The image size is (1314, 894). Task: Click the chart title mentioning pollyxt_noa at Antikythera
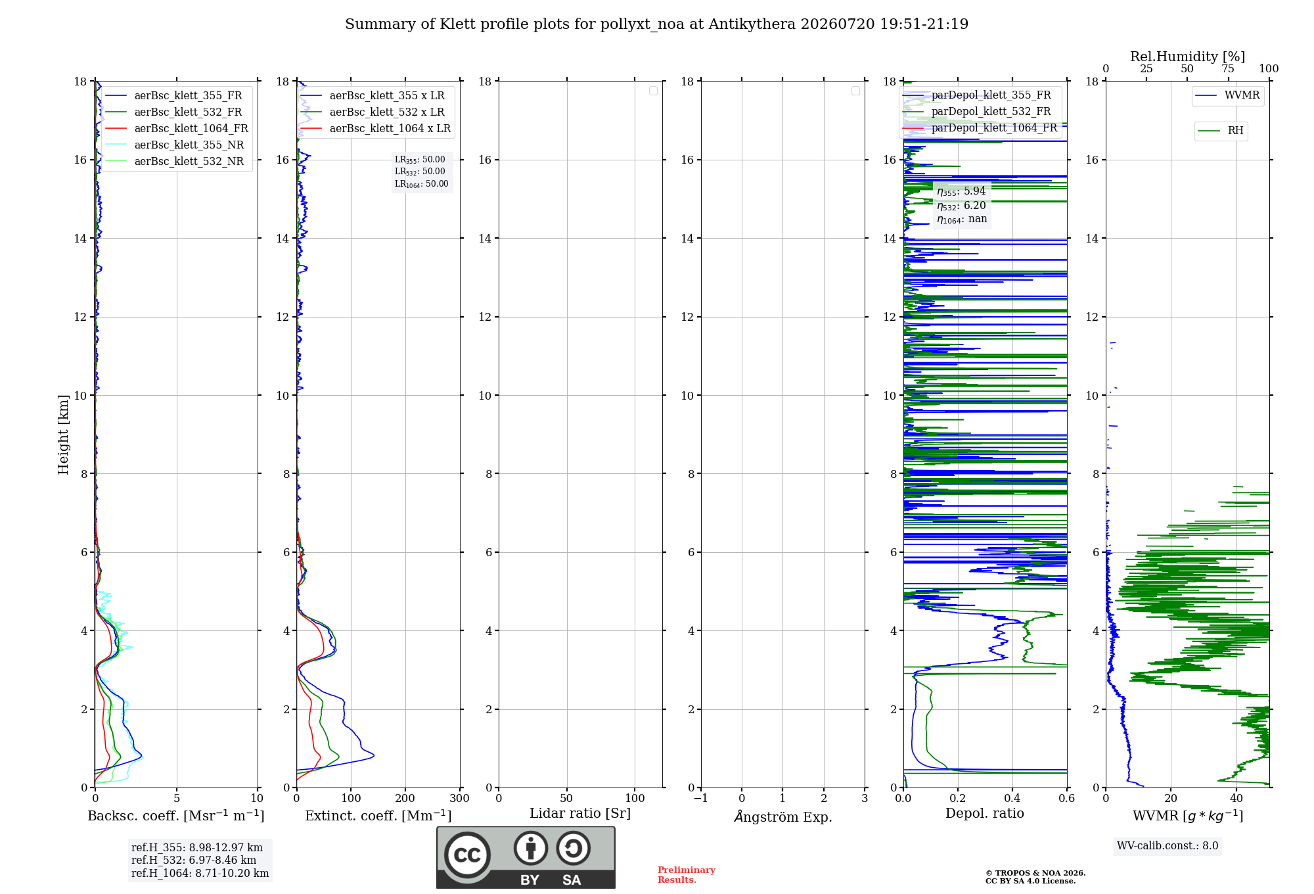click(x=656, y=24)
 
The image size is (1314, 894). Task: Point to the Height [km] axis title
click(x=63, y=435)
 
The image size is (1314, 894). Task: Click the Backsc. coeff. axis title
click(x=176, y=816)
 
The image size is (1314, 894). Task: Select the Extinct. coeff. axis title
click(x=378, y=816)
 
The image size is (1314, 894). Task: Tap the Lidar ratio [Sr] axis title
click(x=580, y=814)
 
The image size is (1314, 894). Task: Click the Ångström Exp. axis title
click(x=783, y=816)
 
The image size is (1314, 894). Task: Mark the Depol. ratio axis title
click(x=985, y=814)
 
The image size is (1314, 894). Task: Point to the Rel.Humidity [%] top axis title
click(x=1188, y=57)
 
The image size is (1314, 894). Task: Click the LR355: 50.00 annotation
click(x=420, y=160)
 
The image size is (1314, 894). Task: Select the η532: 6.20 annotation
click(x=961, y=206)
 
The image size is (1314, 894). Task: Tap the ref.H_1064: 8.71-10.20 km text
click(x=200, y=874)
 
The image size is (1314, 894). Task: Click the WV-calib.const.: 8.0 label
click(x=1167, y=846)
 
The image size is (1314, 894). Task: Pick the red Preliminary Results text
click(x=687, y=875)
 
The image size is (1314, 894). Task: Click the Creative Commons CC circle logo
click(x=467, y=855)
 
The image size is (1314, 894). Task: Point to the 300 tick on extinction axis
click(x=460, y=798)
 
